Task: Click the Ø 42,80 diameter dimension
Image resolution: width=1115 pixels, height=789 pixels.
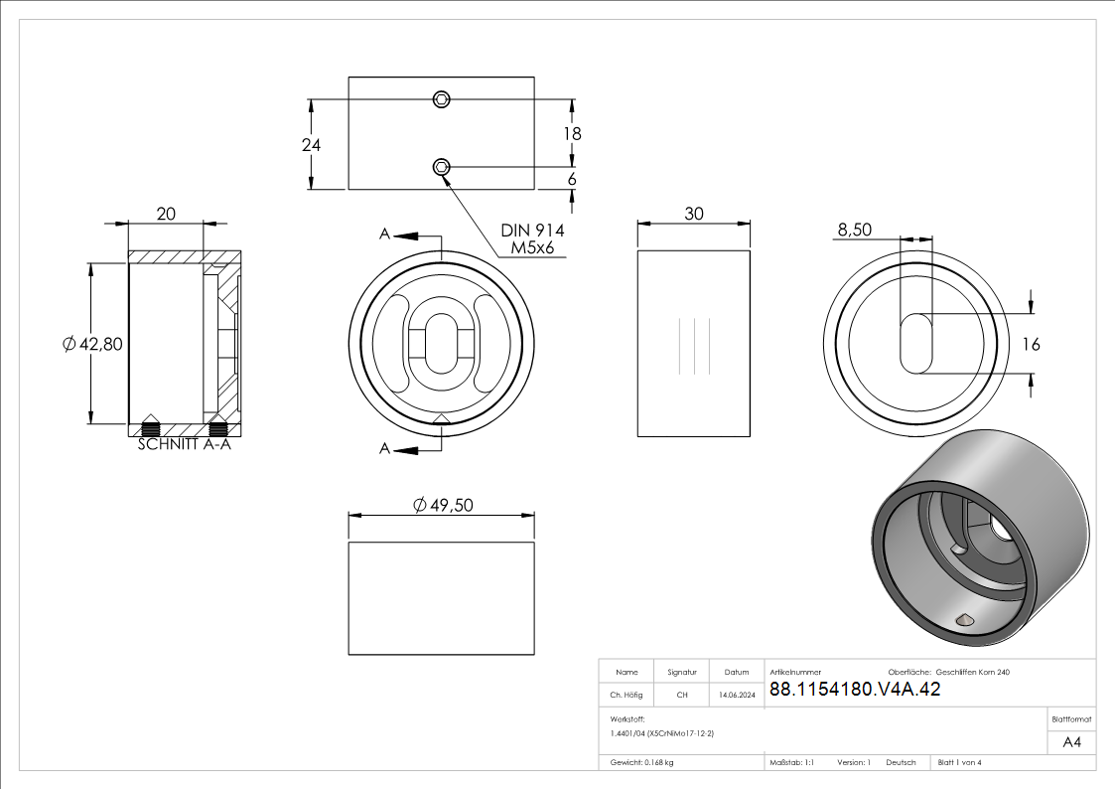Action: [x=92, y=345]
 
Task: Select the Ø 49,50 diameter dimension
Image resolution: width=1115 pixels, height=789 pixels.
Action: [x=443, y=505]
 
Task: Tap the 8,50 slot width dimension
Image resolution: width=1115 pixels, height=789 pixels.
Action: [x=854, y=230]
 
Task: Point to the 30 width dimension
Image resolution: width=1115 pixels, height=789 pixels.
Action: [x=694, y=214]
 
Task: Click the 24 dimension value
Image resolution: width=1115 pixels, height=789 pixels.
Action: [x=311, y=145]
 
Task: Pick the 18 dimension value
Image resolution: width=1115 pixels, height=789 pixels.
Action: [x=573, y=134]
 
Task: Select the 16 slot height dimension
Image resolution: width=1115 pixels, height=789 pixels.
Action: [x=1031, y=345]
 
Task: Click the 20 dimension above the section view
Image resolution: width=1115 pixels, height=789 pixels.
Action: [x=166, y=214]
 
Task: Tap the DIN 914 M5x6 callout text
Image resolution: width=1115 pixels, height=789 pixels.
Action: [x=532, y=239]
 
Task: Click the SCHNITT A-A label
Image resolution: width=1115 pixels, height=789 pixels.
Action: [x=184, y=444]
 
